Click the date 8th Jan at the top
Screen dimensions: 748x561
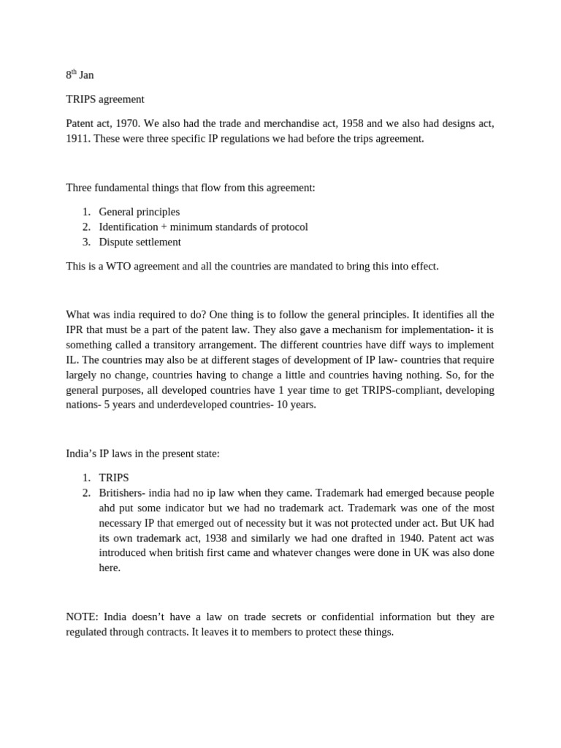pyautogui.click(x=80, y=75)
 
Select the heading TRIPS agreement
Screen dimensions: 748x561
pyautogui.click(x=105, y=99)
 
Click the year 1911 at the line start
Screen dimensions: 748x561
pyautogui.click(x=77, y=138)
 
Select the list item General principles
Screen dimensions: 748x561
pyautogui.click(x=139, y=212)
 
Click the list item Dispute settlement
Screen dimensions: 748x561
pyautogui.click(x=140, y=242)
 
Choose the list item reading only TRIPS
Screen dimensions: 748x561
pyautogui.click(x=113, y=478)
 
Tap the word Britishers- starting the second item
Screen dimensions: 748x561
pyautogui.click(x=123, y=492)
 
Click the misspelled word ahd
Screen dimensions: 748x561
pyautogui.click(x=108, y=508)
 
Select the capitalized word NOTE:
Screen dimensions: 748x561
pyautogui.click(x=82, y=617)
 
